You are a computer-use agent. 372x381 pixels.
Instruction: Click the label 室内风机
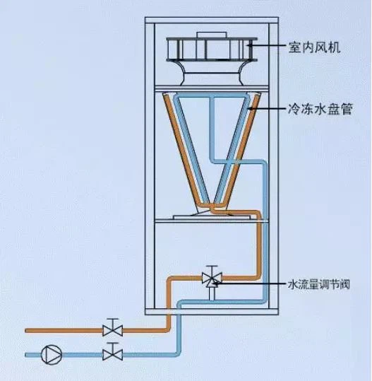314,47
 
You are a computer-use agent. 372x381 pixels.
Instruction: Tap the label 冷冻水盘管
320,109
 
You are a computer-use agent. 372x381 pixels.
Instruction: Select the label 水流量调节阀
319,284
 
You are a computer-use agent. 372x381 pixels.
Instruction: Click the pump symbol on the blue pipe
52,355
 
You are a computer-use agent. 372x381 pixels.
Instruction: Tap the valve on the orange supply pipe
113,331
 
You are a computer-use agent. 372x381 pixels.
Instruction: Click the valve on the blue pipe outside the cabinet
113,355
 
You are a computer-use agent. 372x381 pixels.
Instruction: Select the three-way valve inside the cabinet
212,279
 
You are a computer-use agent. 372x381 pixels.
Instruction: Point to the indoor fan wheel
212,49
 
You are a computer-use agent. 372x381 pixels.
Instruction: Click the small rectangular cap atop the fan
212,35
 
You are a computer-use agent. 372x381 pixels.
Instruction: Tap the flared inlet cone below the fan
212,72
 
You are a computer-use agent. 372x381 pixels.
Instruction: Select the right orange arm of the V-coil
239,150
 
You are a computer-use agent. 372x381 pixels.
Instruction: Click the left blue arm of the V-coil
192,148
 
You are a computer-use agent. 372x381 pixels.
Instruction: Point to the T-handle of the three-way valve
212,270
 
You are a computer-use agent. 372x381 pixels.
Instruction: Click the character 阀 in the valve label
344,284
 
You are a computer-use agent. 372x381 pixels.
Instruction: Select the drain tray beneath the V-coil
212,217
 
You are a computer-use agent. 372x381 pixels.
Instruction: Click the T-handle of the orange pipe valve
113,321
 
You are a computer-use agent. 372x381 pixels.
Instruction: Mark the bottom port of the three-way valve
212,293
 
